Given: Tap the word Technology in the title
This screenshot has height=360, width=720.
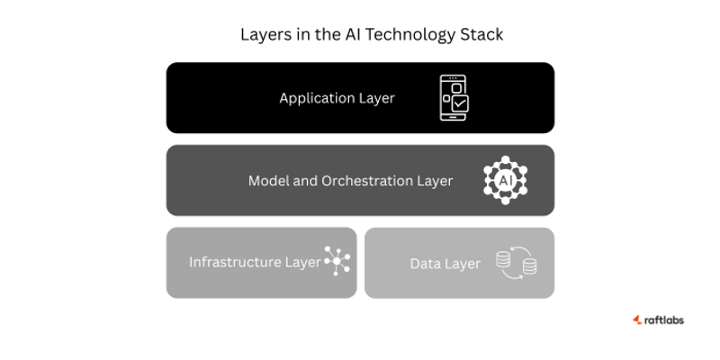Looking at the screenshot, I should point(399,35).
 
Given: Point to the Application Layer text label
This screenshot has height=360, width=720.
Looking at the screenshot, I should point(337,98).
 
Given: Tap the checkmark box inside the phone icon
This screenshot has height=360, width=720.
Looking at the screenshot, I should point(459,104).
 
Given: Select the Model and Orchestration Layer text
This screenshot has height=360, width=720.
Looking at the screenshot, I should point(350,181).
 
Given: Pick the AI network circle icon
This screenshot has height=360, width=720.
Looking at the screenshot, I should point(505,180).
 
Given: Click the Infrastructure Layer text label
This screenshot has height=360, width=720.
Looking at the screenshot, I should point(255,263).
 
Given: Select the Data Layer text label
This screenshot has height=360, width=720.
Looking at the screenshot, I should point(445,264).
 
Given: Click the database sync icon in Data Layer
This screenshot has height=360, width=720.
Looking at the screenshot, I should point(517,263).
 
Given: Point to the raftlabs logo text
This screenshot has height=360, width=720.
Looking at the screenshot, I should point(663,319).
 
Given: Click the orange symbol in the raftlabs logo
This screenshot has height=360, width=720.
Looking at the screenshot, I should point(637,319).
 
